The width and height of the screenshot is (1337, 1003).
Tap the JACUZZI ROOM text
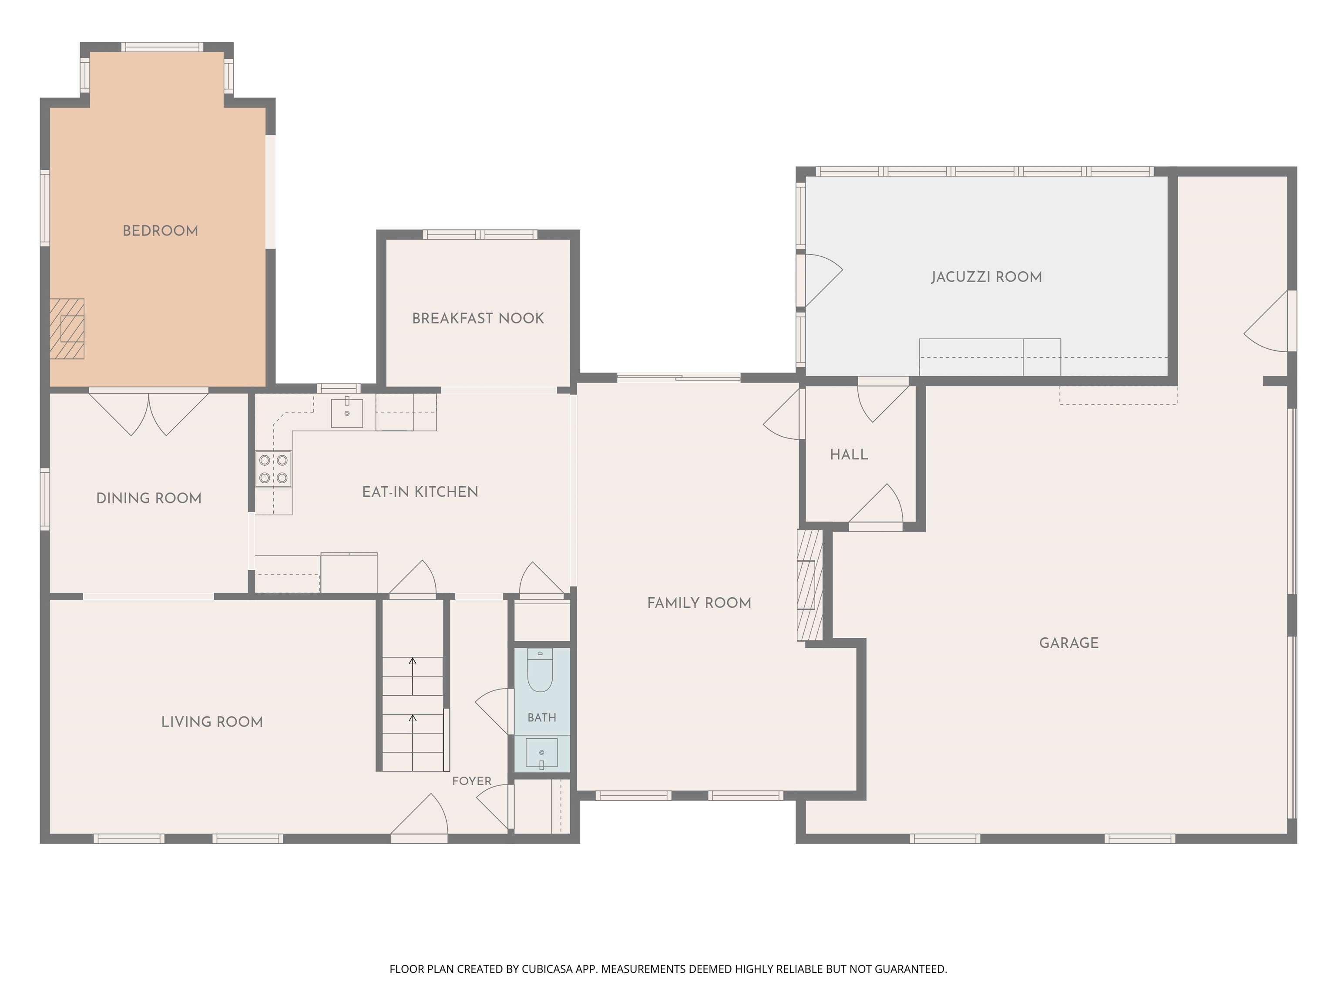coord(987,277)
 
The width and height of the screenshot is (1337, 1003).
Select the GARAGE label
coord(1068,643)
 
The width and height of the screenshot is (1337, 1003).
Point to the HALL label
coord(849,454)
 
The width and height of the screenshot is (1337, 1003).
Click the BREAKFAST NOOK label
coord(478,319)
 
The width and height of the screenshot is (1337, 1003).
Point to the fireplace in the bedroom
coord(67,329)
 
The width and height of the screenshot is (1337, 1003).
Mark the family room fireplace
coord(810,585)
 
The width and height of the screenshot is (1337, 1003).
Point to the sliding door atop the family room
coord(679,378)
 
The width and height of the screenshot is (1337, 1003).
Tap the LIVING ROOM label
coord(212,722)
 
